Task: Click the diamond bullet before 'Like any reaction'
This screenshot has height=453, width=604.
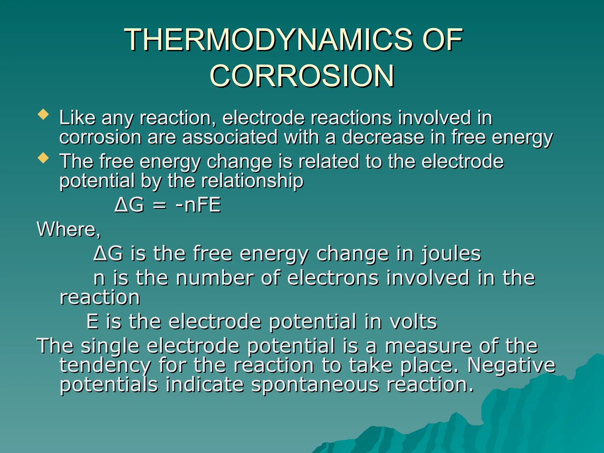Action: pos(43,115)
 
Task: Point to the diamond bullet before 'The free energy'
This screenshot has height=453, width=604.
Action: pos(43,158)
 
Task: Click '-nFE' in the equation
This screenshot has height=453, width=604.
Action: pos(198,205)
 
